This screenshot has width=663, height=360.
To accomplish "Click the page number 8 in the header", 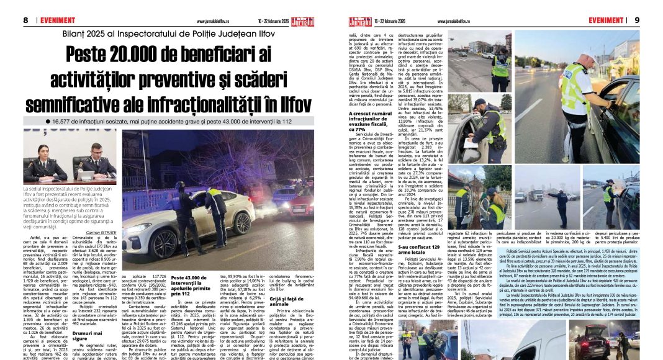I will point(25,20).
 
